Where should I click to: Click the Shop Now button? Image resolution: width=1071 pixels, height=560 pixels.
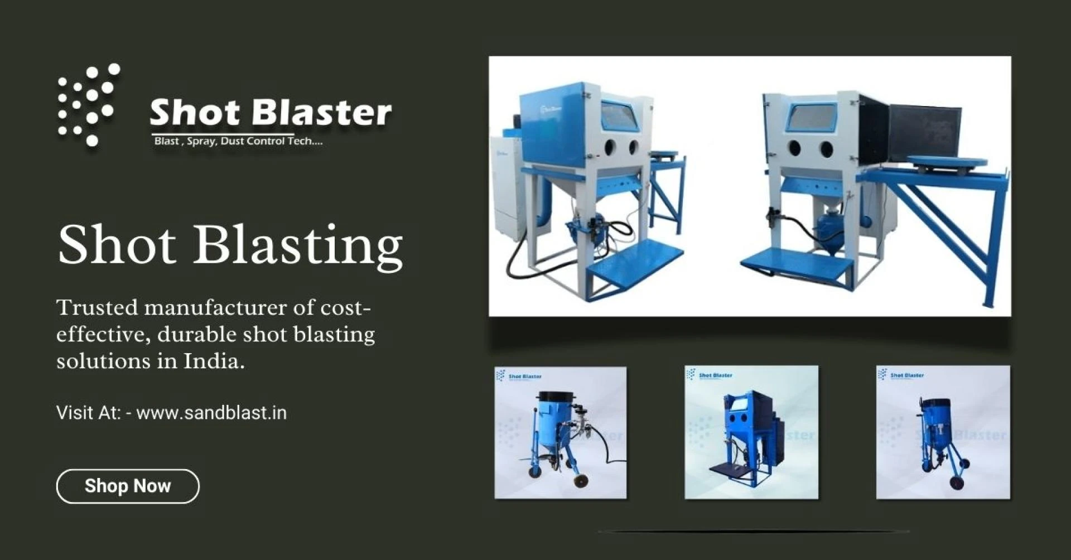128,486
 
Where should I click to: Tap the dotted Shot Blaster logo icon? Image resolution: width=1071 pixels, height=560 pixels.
88,105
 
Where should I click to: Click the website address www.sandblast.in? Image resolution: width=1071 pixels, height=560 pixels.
211,413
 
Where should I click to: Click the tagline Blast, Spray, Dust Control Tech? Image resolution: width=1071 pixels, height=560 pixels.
238,141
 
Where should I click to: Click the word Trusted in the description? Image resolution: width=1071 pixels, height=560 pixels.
97,307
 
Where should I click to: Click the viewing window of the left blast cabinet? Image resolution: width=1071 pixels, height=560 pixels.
619,117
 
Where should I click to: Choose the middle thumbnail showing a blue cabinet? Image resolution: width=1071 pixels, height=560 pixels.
751,432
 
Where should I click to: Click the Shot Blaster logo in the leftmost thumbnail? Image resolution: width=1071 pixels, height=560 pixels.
519,376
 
